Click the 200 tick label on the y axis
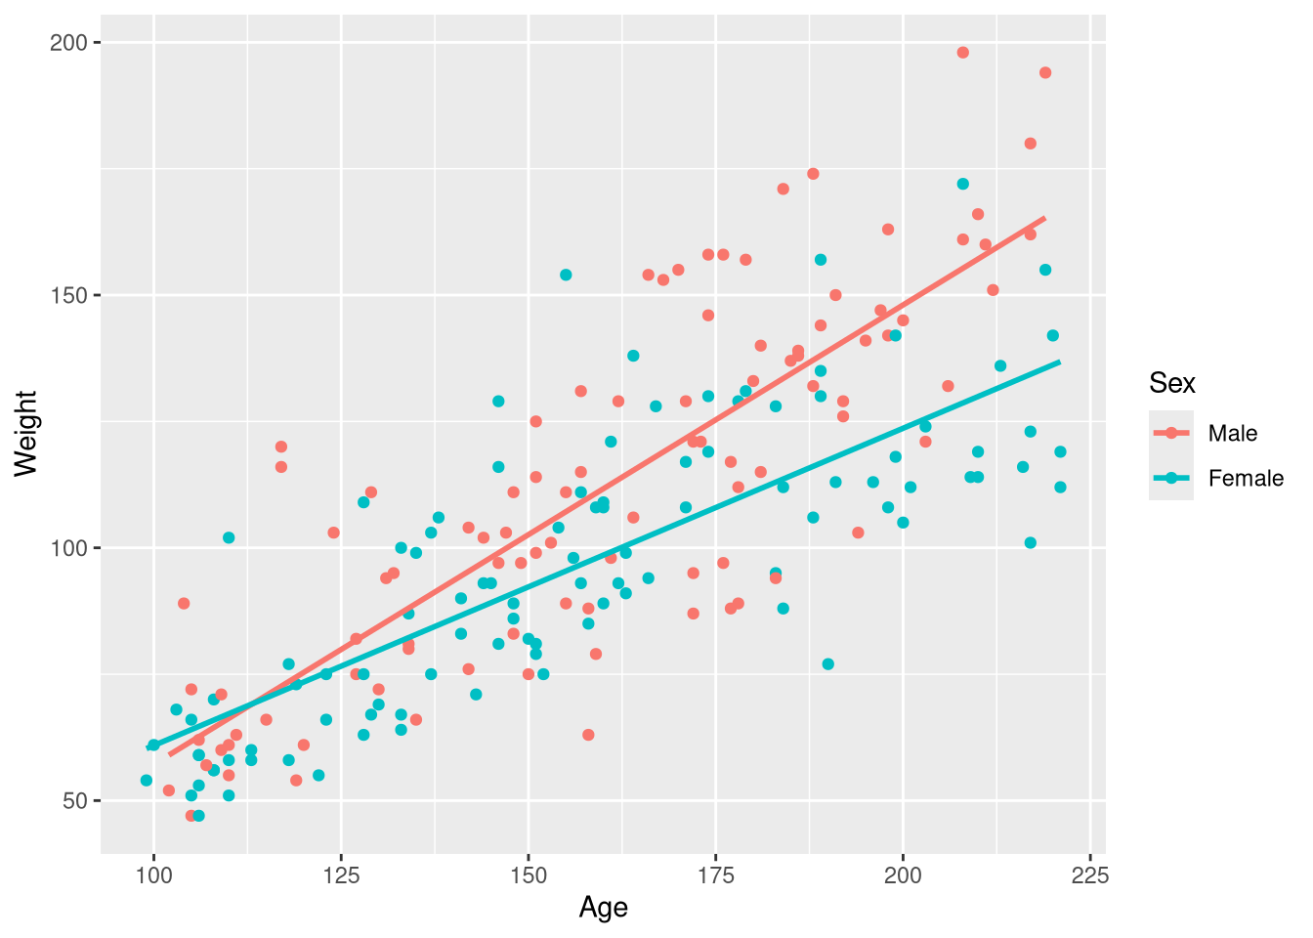coord(74,43)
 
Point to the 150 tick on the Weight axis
coord(74,295)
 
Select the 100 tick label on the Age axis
coord(153,875)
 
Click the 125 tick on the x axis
coord(341,875)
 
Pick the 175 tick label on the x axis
coord(715,875)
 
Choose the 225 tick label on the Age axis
coord(1089,875)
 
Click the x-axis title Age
coord(603,908)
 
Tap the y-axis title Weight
coord(26,434)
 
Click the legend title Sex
coord(1172,383)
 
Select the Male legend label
coord(1233,434)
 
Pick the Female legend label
coord(1246,479)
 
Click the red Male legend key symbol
coord(1171,434)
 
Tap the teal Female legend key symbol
coord(1171,479)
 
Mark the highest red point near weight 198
coord(962,53)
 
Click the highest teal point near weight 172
coord(962,184)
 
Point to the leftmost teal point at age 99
coord(147,781)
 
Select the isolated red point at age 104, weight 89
coord(184,604)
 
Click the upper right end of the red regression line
coord(1044,218)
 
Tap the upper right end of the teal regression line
coord(1059,362)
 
